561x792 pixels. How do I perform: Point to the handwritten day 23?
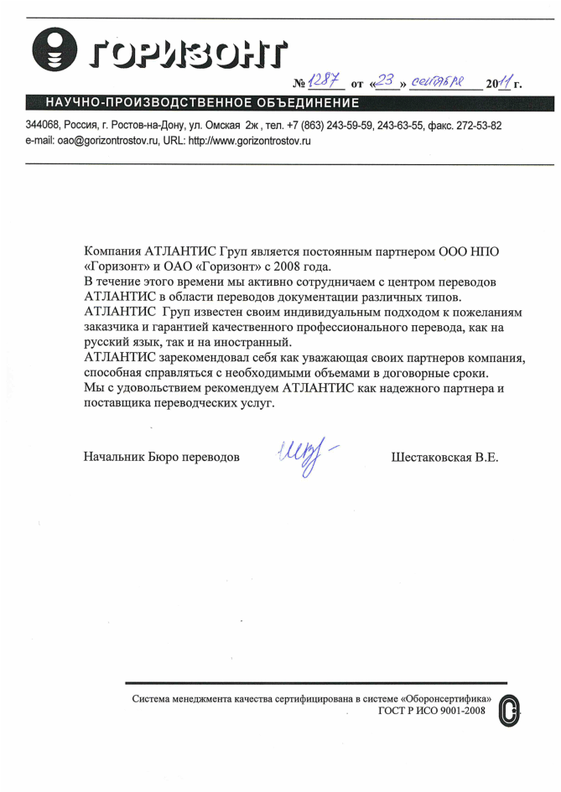[x=386, y=81]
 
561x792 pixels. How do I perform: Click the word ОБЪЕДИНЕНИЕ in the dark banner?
[x=306, y=103]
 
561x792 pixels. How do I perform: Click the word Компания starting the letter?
[x=113, y=251]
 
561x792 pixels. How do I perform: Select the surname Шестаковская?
[x=427, y=458]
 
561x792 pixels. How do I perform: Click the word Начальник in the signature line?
[x=113, y=458]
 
